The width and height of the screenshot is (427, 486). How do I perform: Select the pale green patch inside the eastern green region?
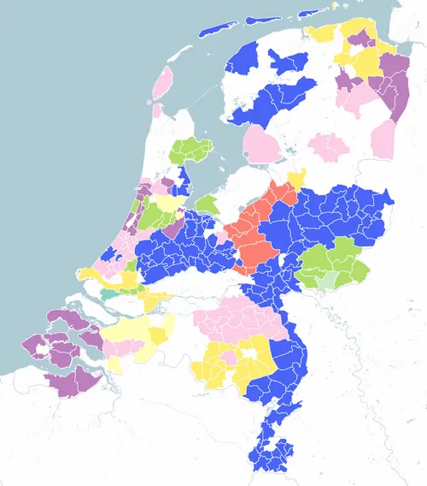(x=328, y=280)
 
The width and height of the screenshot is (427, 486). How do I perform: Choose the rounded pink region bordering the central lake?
(x=260, y=144)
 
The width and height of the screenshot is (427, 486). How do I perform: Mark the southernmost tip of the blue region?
(x=278, y=466)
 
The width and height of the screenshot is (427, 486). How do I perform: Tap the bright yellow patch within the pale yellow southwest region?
(x=157, y=334)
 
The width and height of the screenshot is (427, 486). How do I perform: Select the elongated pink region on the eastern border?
(x=383, y=139)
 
